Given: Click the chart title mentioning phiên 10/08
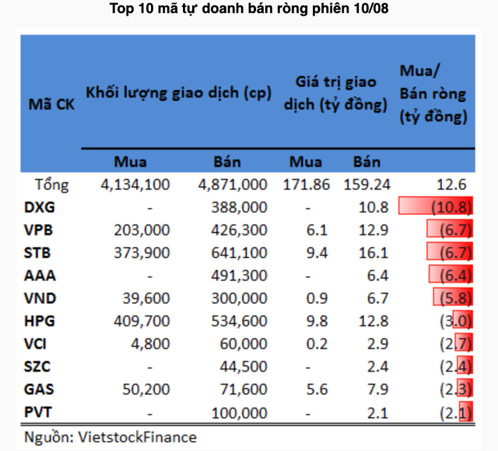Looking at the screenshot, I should click(x=249, y=10).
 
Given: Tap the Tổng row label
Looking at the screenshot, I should click(x=52, y=185).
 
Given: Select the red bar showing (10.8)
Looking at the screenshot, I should click(x=435, y=207).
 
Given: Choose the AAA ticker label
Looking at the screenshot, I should click(x=40, y=274).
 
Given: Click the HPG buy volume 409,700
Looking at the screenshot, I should click(x=137, y=319).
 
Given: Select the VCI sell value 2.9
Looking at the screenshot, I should click(x=366, y=342).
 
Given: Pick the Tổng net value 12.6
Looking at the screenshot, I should click(x=451, y=185).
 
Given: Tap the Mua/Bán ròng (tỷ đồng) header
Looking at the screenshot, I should click(x=433, y=94).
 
